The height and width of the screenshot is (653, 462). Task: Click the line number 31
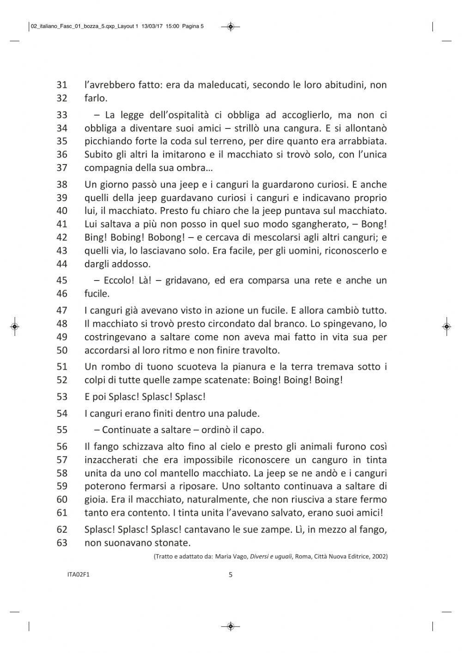coord(62,85)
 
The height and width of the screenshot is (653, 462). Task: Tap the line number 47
coord(62,311)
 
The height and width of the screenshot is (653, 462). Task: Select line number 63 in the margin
coord(62,543)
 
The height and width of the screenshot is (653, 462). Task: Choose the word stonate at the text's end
coord(173,543)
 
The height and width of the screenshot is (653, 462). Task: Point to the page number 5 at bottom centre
coord(231,575)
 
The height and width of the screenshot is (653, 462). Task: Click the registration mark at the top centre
coord(231,27)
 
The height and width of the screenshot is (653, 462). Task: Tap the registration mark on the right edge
coord(446,326)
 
